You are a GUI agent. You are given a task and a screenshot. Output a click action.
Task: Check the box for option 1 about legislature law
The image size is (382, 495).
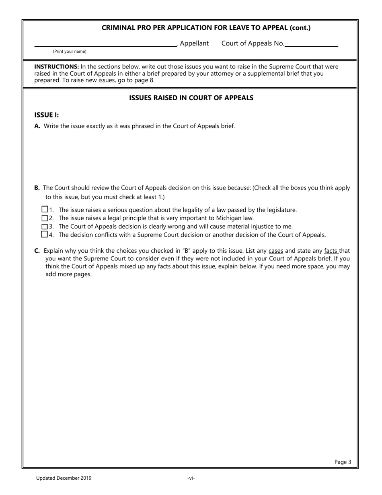(45, 209)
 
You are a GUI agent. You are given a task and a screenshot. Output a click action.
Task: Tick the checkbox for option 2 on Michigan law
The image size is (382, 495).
(45, 218)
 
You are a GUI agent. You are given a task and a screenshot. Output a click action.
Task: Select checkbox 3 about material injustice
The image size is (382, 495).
(45, 226)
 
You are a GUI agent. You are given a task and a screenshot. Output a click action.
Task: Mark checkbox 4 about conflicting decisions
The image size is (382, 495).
(45, 234)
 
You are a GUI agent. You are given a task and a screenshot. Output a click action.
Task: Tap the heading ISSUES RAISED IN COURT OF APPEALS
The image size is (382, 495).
(191, 98)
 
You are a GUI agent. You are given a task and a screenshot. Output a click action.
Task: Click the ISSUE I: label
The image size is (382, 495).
(47, 115)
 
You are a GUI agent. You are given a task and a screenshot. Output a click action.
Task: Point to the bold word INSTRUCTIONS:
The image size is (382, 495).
(57, 67)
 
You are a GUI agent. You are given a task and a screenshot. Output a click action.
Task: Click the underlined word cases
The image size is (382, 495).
(276, 251)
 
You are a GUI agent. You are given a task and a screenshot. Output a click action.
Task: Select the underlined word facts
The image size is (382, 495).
(331, 251)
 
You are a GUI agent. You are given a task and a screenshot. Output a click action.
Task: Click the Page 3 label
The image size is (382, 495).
(343, 462)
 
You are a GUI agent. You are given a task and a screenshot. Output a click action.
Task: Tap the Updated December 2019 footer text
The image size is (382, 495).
(64, 478)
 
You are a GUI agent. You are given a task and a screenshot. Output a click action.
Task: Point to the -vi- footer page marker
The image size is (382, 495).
(191, 478)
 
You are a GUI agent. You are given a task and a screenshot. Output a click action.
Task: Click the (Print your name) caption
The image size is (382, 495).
(70, 52)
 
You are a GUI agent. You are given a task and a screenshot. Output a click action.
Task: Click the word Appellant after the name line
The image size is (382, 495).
(194, 43)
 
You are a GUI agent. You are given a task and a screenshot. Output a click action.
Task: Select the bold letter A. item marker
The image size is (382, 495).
(37, 126)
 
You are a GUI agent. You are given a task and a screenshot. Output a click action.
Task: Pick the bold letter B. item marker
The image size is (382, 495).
(37, 188)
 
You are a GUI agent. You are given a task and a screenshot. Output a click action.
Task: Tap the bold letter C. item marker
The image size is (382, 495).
(37, 251)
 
